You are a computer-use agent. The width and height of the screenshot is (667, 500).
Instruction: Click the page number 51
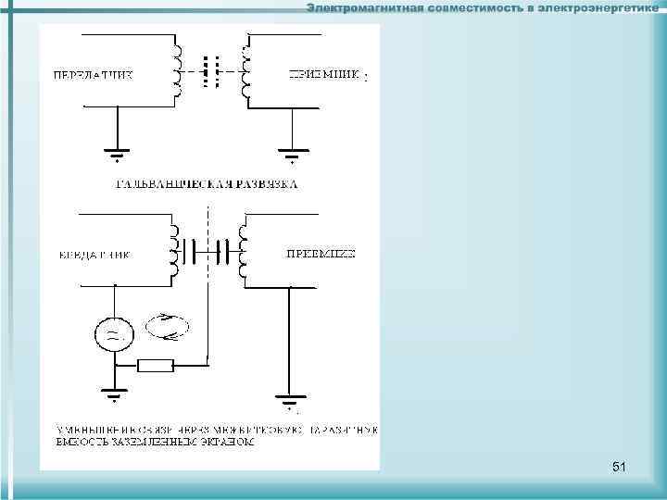tap(619, 468)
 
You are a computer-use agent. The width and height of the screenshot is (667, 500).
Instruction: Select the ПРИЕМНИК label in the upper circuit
tap(323, 74)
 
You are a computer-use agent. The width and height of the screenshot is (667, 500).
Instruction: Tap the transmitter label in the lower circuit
tap(93, 254)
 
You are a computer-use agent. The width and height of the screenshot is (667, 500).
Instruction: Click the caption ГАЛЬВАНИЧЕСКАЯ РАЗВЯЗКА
tap(207, 184)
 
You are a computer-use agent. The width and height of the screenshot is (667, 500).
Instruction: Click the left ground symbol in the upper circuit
tap(115, 152)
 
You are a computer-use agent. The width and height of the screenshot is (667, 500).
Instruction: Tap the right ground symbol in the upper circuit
tap(293, 152)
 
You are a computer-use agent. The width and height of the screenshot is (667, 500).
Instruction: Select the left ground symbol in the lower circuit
tap(115, 396)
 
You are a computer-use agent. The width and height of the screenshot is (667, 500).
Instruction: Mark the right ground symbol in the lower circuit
tap(289, 400)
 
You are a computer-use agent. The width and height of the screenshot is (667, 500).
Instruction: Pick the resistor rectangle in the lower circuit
tap(156, 365)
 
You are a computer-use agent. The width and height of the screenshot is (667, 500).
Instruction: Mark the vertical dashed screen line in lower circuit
tap(209, 278)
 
